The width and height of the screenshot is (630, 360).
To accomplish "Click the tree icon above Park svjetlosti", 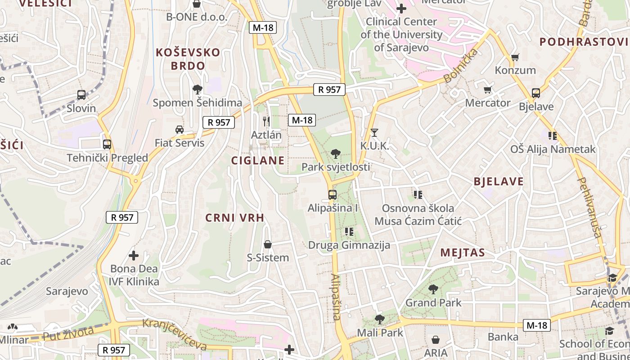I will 335,154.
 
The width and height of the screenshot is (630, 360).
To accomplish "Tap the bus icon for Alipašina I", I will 332,195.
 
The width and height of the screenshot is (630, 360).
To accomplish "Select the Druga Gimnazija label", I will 349,245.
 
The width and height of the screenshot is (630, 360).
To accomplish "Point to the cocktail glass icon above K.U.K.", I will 374,132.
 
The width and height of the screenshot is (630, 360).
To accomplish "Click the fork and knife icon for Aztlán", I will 266,121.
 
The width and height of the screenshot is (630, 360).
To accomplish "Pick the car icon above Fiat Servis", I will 180,130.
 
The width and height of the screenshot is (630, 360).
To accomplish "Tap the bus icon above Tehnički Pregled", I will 107,144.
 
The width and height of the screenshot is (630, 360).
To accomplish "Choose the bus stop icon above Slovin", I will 81,95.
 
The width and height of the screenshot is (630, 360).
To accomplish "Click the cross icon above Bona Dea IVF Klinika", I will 134,256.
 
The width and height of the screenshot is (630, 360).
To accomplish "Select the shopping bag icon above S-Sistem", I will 268,244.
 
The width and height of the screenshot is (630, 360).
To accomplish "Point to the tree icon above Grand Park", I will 433,289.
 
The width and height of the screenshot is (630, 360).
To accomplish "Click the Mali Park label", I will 380,333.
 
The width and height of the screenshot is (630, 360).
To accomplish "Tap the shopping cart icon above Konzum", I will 515,57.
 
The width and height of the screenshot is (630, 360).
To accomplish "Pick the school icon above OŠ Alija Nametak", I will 553,135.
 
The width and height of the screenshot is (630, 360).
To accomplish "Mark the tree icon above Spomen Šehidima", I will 197,89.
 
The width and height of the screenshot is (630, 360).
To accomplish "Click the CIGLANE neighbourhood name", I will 258,161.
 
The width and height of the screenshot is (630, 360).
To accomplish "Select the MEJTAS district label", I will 463,252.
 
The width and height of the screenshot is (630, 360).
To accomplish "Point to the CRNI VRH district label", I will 234,218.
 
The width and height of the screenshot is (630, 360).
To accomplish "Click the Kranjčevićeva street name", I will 175,334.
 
